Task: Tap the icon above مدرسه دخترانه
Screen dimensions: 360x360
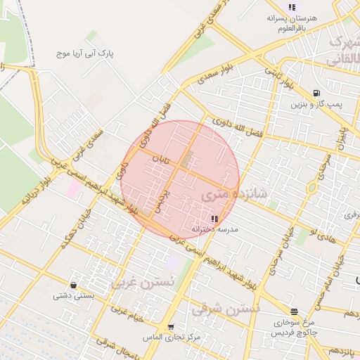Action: (x=214, y=219)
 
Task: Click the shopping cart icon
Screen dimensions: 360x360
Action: (x=171, y=327)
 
